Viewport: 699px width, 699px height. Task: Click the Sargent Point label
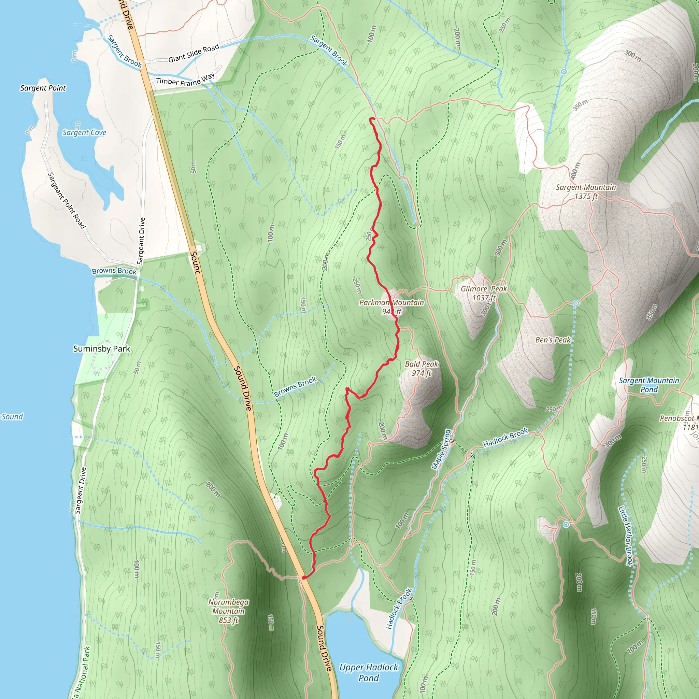(x=43, y=88)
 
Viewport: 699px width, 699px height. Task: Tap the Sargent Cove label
(x=84, y=133)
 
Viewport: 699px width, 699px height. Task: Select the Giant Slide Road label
(x=194, y=53)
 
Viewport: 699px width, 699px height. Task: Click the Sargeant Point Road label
(x=67, y=200)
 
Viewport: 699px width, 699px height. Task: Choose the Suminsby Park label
(x=101, y=349)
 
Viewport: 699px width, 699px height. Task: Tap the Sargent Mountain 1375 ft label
(x=585, y=192)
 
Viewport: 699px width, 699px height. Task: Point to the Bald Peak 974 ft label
(x=422, y=368)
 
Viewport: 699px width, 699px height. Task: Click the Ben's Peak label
(x=553, y=340)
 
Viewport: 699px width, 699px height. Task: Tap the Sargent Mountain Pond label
(x=649, y=385)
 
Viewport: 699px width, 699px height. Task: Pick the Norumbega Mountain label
(x=228, y=611)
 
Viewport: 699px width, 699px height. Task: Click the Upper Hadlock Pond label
(x=368, y=672)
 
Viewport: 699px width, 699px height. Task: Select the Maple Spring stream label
(x=441, y=450)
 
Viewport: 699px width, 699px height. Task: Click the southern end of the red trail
(x=303, y=577)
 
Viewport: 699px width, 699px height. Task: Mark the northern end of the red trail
(x=370, y=119)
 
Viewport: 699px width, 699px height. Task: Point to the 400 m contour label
(x=575, y=171)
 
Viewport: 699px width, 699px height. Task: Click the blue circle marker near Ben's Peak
(x=576, y=303)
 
